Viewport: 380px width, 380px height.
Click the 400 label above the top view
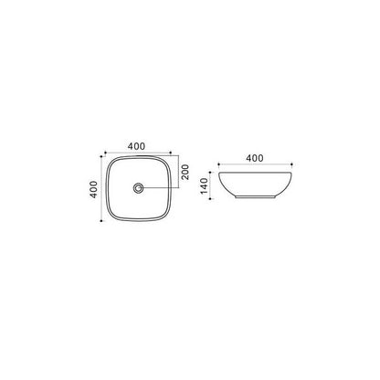click(136, 146)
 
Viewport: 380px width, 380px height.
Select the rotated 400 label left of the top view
click(94, 189)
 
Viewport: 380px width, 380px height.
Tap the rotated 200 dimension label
click(185, 172)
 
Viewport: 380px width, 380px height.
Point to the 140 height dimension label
click(204, 185)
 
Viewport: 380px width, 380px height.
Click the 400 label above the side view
click(255, 158)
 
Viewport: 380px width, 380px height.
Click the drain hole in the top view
click(139, 187)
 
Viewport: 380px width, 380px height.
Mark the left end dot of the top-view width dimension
click(105, 152)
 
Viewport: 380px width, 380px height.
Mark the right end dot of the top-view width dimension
click(171, 152)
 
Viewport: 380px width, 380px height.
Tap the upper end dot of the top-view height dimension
click(101, 156)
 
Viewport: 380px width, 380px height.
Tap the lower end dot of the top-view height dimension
click(101, 221)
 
